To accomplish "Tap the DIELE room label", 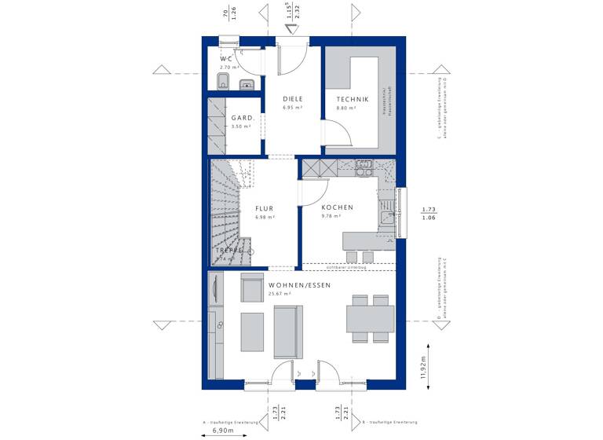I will tap(293, 99).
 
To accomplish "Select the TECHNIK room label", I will tap(353, 99).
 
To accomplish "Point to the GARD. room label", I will tap(242, 118).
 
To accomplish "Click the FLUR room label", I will tap(263, 208).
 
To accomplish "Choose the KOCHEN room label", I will tap(337, 207).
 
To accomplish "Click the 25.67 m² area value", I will tap(280, 294).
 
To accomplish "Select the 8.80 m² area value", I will tap(347, 108).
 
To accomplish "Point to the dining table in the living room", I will tap(371, 319).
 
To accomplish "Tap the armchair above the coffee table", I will tap(252, 289).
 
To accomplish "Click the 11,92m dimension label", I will tap(423, 365).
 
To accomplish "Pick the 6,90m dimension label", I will tap(224, 431).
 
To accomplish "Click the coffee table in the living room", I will tap(252, 331).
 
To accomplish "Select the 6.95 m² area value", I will tap(292, 108).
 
